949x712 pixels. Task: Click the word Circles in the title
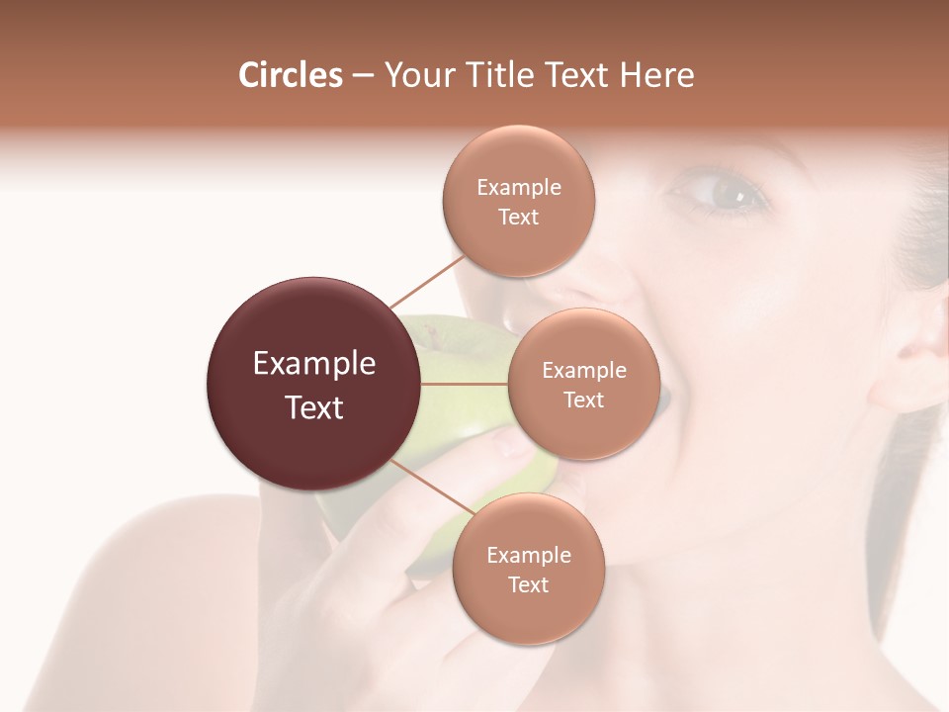click(291, 75)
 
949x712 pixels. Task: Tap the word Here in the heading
click(656, 75)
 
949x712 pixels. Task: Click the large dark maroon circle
click(313, 384)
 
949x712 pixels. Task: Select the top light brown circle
click(518, 201)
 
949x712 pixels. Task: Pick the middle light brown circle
click(583, 384)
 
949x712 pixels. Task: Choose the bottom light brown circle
click(528, 569)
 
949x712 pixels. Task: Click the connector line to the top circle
click(427, 280)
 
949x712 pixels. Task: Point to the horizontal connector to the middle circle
click(464, 383)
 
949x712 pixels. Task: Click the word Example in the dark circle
click(313, 364)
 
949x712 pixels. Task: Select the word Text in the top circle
click(518, 217)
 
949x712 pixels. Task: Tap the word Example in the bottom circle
click(528, 555)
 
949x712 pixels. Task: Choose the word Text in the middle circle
click(583, 400)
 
